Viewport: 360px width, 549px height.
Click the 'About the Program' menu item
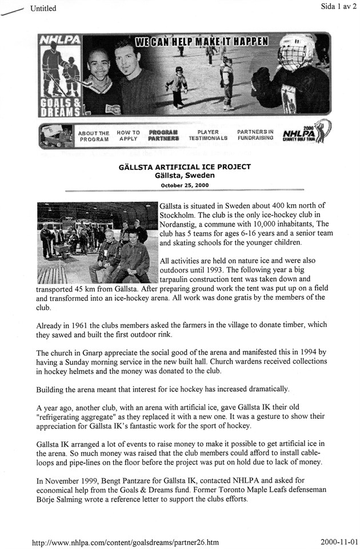(x=93, y=135)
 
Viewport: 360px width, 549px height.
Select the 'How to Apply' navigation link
(x=129, y=135)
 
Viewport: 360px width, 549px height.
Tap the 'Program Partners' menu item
(x=163, y=135)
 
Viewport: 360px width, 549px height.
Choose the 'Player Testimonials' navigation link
(x=208, y=135)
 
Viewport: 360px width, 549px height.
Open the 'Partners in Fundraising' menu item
(x=255, y=135)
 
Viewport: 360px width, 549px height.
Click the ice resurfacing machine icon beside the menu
(x=54, y=136)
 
